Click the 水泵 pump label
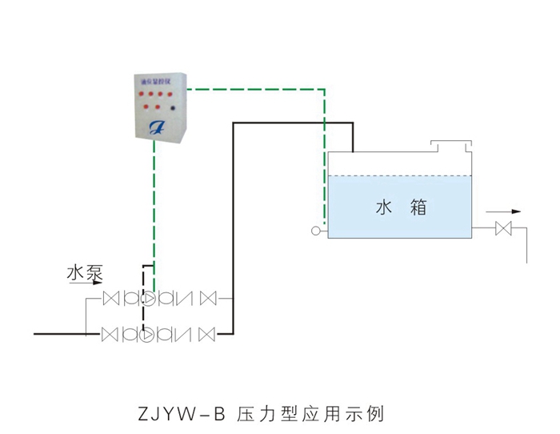[x=84, y=273]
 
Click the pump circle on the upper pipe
[x=149, y=299]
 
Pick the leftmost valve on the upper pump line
[x=111, y=299]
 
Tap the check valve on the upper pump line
[x=184, y=299]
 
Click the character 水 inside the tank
[x=384, y=208]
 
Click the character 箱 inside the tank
[x=418, y=208]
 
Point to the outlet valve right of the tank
[x=504, y=230]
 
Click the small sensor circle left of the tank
[x=316, y=232]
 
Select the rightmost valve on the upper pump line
[x=208, y=299]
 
